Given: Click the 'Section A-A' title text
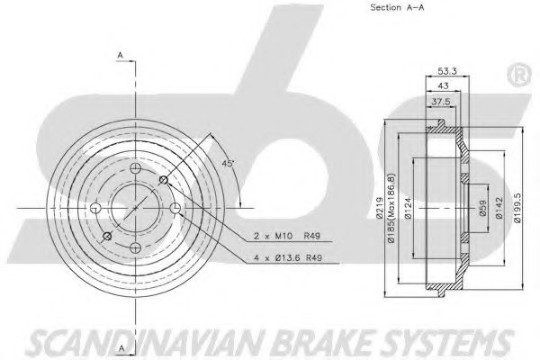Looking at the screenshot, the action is [397, 7].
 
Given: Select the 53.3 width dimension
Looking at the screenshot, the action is [447, 71].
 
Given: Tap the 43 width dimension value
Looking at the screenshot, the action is [443, 86].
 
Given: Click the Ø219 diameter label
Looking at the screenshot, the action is [380, 208].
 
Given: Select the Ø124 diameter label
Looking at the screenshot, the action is [409, 208].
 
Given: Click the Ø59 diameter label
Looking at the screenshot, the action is [482, 208].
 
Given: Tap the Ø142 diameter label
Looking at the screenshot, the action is [499, 208].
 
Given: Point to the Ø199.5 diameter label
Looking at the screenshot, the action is [517, 208].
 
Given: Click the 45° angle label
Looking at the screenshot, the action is [228, 163].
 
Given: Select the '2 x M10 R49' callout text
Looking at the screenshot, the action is [286, 236].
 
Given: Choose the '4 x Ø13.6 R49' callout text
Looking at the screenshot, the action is [288, 257].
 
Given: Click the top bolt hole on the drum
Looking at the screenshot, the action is [136, 168].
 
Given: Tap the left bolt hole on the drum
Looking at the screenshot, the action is [95, 208].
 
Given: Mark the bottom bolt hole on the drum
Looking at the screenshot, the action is [136, 247].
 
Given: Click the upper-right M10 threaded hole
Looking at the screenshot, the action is [164, 179].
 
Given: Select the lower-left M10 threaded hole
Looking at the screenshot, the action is [107, 237].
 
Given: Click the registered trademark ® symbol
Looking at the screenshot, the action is [519, 76].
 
